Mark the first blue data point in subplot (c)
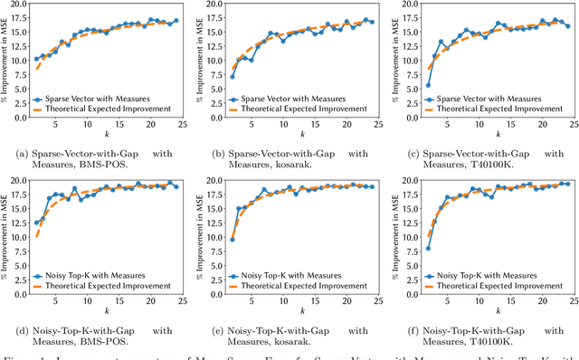[x=427, y=85]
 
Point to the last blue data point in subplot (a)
[x=176, y=21]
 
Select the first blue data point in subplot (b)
[x=232, y=77]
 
